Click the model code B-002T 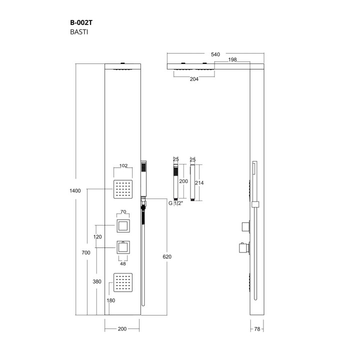point(81,22)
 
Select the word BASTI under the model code point(79,32)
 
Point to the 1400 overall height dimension point(75,191)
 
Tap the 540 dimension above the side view point(215,54)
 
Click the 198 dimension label point(232,59)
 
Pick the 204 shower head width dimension point(194,79)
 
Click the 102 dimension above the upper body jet point(123,165)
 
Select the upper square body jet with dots point(123,189)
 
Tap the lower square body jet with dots point(123,282)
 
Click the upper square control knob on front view point(123,226)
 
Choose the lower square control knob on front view point(123,247)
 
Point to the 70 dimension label point(123,211)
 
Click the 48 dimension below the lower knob point(123,264)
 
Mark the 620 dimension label point(167,256)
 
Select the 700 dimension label point(86,253)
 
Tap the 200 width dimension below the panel point(122,329)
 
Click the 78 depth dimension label point(257,329)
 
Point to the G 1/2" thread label point(175,203)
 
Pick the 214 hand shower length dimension point(199,183)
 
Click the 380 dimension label point(97,281)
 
